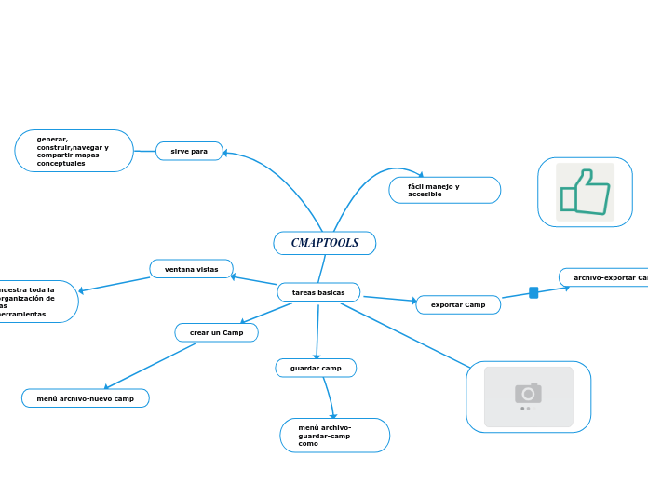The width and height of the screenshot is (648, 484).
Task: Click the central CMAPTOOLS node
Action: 324,243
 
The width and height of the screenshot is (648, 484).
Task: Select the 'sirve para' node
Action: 189,151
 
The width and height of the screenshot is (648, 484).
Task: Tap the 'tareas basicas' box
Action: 318,292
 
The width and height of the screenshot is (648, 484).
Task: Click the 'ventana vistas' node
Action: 191,269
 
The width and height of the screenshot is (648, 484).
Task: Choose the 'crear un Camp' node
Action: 216,332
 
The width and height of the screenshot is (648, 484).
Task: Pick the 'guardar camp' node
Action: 316,369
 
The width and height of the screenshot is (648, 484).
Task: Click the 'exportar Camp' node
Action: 457,304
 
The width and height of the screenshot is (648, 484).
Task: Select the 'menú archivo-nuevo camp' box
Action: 85,398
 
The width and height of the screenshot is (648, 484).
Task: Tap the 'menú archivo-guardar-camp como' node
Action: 334,435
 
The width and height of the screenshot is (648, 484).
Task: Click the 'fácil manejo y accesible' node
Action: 444,190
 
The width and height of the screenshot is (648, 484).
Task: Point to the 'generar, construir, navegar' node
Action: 74,151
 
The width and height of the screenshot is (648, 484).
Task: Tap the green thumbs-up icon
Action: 585,192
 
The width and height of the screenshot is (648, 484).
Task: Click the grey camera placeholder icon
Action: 528,397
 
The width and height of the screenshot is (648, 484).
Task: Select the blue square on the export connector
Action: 533,293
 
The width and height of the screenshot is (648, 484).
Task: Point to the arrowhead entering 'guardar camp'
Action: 317,356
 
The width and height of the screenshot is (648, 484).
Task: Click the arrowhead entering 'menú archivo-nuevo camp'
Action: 107,387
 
